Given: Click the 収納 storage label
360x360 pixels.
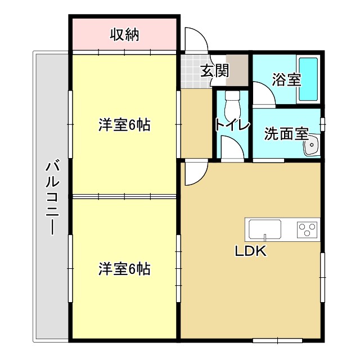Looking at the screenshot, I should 124,35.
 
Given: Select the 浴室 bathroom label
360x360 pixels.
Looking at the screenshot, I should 286,79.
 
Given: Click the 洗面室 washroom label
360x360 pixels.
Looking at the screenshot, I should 286,134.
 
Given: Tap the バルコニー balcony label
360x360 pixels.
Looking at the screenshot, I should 52,197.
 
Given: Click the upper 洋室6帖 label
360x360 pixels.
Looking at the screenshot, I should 124,125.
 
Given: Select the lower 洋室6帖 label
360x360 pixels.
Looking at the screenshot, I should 124,269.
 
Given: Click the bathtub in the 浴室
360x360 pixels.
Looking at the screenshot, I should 308,79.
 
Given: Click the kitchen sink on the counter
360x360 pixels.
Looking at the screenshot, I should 265,230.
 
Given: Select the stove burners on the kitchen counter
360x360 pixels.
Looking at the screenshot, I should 307,229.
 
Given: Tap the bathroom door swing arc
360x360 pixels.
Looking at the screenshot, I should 264,93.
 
